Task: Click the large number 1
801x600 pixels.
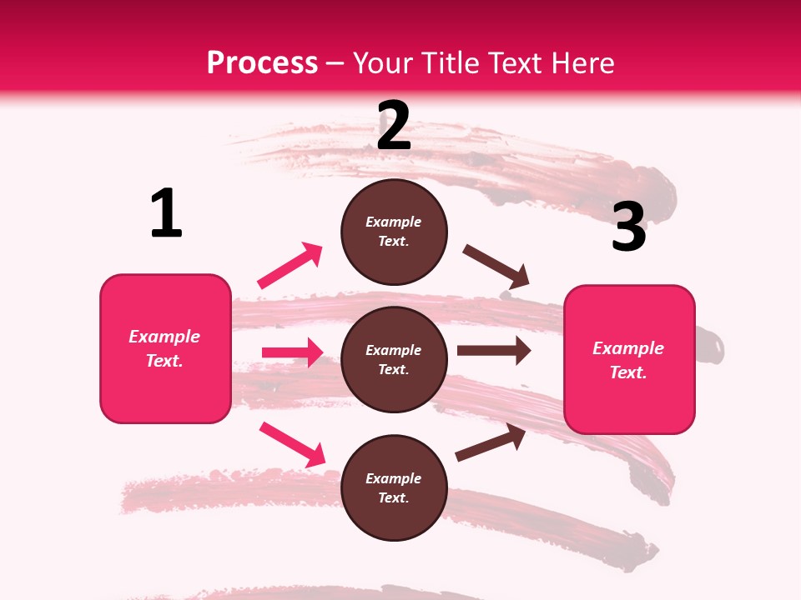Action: pyautogui.click(x=166, y=213)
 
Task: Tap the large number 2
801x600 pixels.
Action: pyautogui.click(x=394, y=126)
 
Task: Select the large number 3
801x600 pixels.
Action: pyautogui.click(x=628, y=227)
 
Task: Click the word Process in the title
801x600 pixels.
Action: pyautogui.click(x=262, y=63)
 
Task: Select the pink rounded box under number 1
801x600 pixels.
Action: pyautogui.click(x=165, y=348)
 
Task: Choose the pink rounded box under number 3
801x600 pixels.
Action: pyautogui.click(x=629, y=359)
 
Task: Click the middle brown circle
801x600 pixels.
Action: pyautogui.click(x=394, y=359)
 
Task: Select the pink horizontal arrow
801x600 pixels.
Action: pyautogui.click(x=292, y=352)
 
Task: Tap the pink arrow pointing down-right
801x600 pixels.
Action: pyautogui.click(x=292, y=444)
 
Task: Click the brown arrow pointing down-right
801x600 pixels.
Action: pyautogui.click(x=496, y=267)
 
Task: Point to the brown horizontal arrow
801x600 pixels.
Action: pyautogui.click(x=493, y=351)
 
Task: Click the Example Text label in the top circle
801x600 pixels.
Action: pyautogui.click(x=394, y=232)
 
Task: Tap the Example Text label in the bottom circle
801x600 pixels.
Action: pyautogui.click(x=394, y=488)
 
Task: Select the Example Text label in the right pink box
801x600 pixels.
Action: pyautogui.click(x=628, y=360)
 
